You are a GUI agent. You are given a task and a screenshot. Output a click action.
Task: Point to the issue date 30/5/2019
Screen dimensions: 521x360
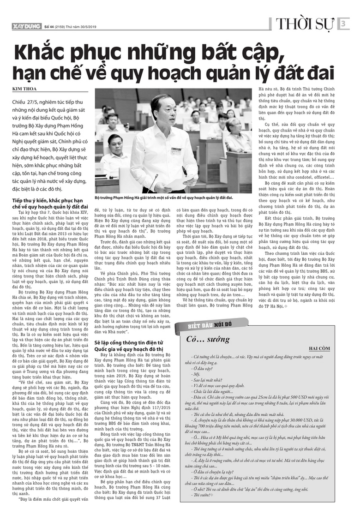92,27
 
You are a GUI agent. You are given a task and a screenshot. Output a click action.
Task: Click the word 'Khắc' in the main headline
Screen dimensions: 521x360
44,51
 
